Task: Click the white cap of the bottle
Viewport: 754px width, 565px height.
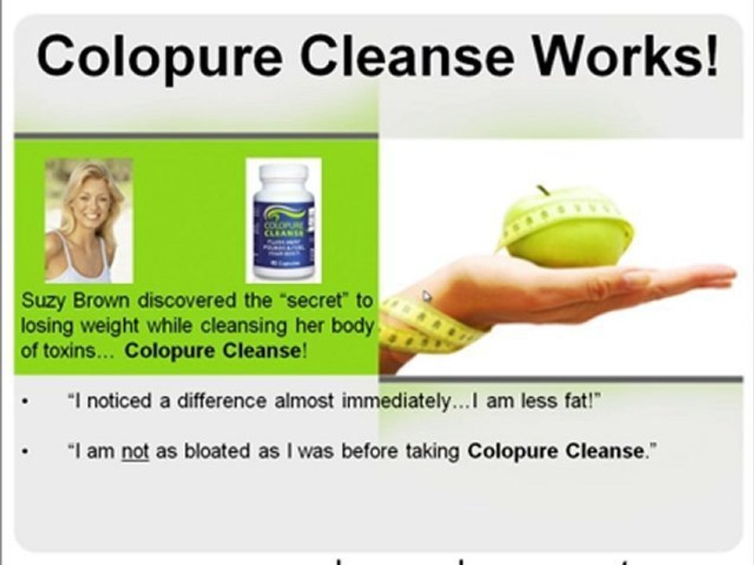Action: point(283,174)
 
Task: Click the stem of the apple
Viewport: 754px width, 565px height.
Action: point(542,190)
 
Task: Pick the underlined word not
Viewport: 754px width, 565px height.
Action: point(134,451)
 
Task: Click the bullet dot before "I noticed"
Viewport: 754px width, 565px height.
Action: point(27,403)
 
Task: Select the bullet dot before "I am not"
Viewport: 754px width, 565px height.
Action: point(27,453)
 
